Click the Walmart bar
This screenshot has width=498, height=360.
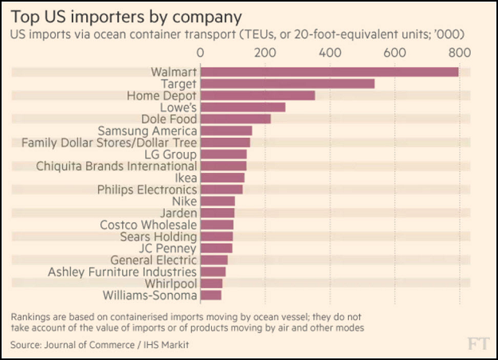pyautogui.click(x=329, y=72)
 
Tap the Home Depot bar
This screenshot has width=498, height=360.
pyautogui.click(x=257, y=96)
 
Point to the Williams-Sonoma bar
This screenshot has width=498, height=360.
pyautogui.click(x=210, y=295)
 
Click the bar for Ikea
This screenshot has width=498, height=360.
pyautogui.click(x=222, y=178)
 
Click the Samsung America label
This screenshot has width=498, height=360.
pyautogui.click(x=147, y=131)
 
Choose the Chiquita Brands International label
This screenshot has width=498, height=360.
pyautogui.click(x=116, y=166)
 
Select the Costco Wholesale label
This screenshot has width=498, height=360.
pyautogui.click(x=148, y=225)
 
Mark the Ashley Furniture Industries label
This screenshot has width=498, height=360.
pyautogui.click(x=122, y=272)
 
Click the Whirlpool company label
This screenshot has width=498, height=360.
pyautogui.click(x=171, y=284)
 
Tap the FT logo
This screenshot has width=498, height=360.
pyautogui.click(x=477, y=343)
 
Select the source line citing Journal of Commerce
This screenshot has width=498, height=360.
pyautogui.click(x=100, y=344)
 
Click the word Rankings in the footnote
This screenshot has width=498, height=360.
pyautogui.click(x=35, y=316)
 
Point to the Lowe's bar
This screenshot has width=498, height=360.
pyautogui.click(x=242, y=107)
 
